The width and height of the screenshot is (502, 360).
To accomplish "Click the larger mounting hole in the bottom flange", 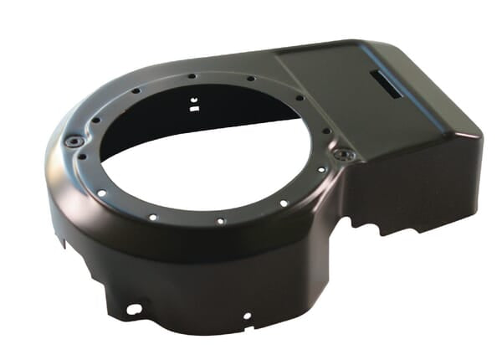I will coord(132,309).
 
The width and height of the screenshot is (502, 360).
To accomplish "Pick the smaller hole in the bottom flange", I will coord(246,316).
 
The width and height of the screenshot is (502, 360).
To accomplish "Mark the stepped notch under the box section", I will coord(368,224).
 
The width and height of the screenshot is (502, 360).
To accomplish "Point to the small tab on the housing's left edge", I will coord(60,242).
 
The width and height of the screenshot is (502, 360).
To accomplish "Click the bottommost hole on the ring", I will coord(219,222).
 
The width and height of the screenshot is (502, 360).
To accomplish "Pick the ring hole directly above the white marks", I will coord(192,77).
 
